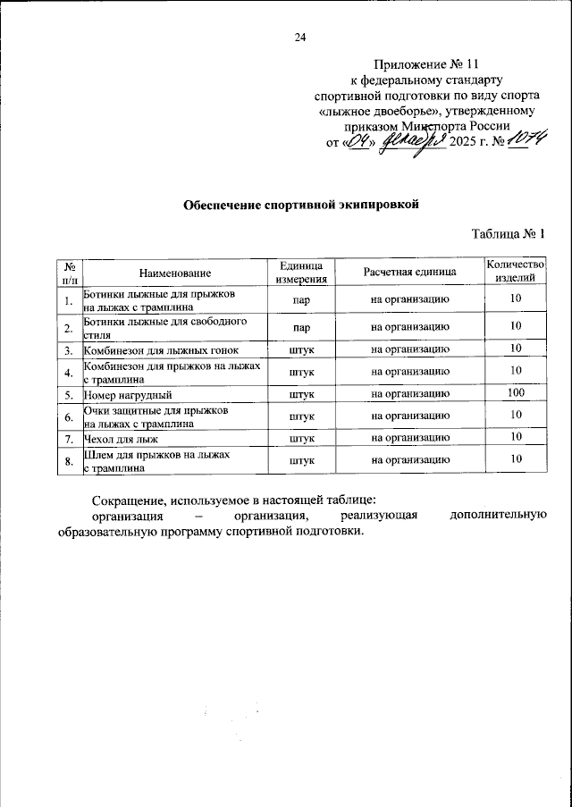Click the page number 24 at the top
[x=300, y=37]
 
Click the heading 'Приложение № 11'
[x=427, y=64]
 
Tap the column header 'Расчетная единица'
[x=410, y=272]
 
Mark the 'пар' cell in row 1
[x=301, y=299]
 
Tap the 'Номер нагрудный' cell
[x=128, y=393]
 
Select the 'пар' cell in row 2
[x=301, y=326]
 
